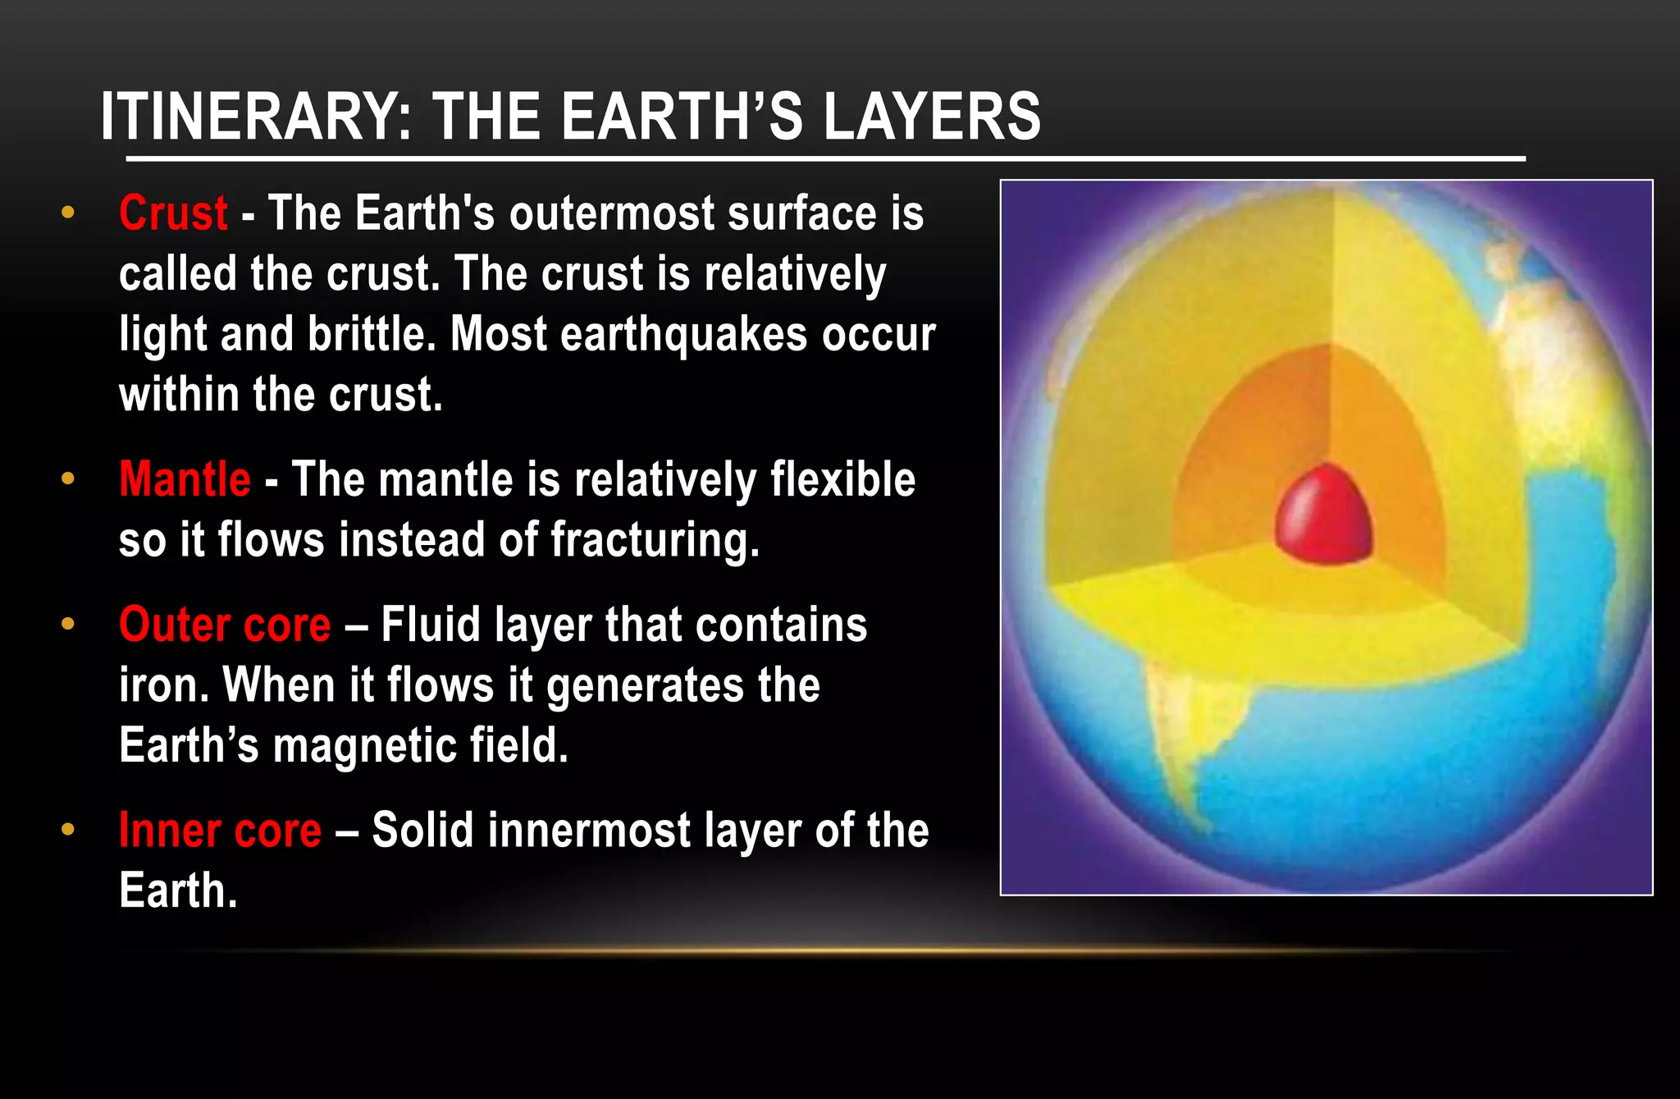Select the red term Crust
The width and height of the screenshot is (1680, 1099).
[x=173, y=213]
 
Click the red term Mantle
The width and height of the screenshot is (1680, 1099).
[x=185, y=479]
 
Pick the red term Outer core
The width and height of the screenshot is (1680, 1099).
[x=225, y=625]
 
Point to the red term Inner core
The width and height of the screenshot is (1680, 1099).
[x=220, y=831]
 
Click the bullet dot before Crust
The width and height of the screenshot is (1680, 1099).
[x=68, y=213]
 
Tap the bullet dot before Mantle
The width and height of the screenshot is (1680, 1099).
[x=68, y=479]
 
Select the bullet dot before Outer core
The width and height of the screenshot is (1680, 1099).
[x=68, y=625]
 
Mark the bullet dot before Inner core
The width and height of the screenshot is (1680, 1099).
[x=68, y=830]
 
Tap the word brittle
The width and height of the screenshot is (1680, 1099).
[x=371, y=335]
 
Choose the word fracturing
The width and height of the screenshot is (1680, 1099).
[x=655, y=540]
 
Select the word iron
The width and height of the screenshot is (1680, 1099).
[x=158, y=685]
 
